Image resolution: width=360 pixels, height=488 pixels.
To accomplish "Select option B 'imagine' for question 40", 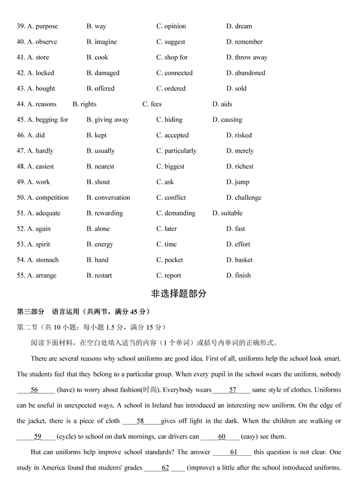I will (x=101, y=42).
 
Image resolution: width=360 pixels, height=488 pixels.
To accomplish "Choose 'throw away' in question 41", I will (x=246, y=57).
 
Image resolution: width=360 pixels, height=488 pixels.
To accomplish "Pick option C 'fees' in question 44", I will (x=152, y=104).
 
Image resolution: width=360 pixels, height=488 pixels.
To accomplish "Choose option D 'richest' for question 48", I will (x=240, y=166).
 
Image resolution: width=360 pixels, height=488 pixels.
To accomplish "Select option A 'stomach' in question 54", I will (x=43, y=260).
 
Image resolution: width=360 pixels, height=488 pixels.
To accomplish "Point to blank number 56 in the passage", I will (x=34, y=390).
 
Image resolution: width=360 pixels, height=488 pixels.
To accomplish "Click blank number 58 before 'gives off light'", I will (x=141, y=421).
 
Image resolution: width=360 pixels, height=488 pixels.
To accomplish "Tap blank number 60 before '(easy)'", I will (x=222, y=436).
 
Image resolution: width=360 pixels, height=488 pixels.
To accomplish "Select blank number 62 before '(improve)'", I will (x=165, y=468).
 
